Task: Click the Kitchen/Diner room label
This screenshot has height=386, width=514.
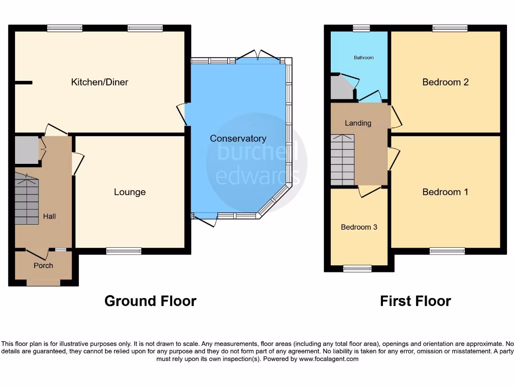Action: [99, 82]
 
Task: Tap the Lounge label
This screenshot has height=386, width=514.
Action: [130, 192]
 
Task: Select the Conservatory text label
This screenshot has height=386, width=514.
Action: [238, 139]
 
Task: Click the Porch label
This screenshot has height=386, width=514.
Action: [43, 265]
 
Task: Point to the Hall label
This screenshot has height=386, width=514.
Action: [49, 217]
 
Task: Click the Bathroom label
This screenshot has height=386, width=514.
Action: [363, 58]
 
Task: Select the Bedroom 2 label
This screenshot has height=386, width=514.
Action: [445, 82]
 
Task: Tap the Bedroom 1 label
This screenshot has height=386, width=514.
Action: [445, 192]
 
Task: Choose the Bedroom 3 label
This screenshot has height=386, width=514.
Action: [359, 227]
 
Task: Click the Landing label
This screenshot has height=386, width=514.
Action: [358, 123]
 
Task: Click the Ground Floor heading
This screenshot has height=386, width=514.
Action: [150, 301]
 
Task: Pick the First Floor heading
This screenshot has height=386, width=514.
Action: [415, 301]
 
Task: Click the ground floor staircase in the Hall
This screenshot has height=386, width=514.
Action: [27, 199]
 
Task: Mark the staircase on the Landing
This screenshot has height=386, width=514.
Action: [342, 160]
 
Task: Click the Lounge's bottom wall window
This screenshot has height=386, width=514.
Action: [123, 251]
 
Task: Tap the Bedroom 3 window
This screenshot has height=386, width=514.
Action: [357, 268]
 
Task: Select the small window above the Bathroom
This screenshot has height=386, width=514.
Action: [361, 28]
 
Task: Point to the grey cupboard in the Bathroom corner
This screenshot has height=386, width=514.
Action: [341, 88]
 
